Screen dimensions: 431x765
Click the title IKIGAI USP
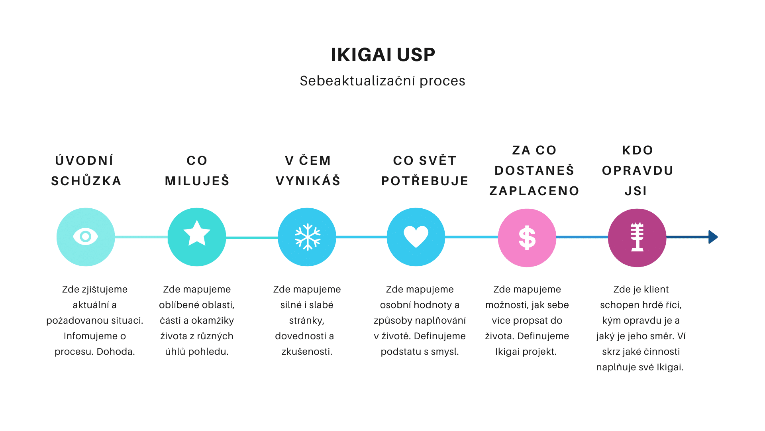pyautogui.click(x=383, y=55)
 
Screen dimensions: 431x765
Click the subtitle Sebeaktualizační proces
pyautogui.click(x=382, y=81)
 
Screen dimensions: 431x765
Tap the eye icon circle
pyautogui.click(x=86, y=237)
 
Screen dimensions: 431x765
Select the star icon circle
pyautogui.click(x=197, y=237)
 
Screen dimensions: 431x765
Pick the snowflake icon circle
pyautogui.click(x=307, y=237)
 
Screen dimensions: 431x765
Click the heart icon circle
pyautogui.click(x=416, y=237)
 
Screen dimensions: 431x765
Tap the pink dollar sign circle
pyautogui.click(x=527, y=238)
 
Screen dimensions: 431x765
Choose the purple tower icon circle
pyautogui.click(x=637, y=238)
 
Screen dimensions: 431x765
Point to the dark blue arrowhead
pyautogui.click(x=713, y=237)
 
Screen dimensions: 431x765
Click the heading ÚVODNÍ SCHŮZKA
pyautogui.click(x=86, y=171)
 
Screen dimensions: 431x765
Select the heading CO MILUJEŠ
pyautogui.click(x=197, y=171)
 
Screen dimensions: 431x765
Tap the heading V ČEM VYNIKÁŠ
pyautogui.click(x=308, y=171)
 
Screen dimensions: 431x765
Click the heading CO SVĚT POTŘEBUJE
pyautogui.click(x=425, y=171)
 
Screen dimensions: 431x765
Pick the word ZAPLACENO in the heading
pyautogui.click(x=534, y=191)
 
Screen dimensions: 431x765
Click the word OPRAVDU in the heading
pyautogui.click(x=637, y=171)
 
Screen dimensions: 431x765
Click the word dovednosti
pyautogui.click(x=300, y=336)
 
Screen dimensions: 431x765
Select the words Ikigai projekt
pyautogui.click(x=526, y=352)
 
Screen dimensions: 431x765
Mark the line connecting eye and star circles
pyautogui.click(x=141, y=237)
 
